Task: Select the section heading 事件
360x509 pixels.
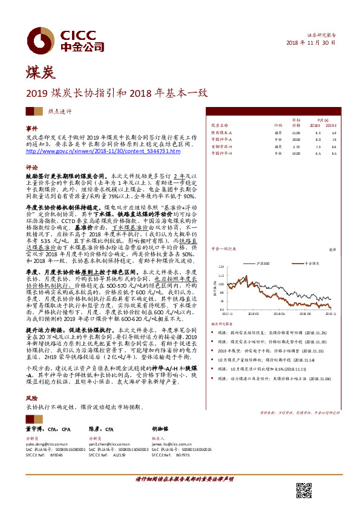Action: coord(31,129)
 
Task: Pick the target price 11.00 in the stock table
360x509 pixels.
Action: coord(296,132)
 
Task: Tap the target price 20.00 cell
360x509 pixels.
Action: coord(296,140)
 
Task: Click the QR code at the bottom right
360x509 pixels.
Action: coord(304,490)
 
